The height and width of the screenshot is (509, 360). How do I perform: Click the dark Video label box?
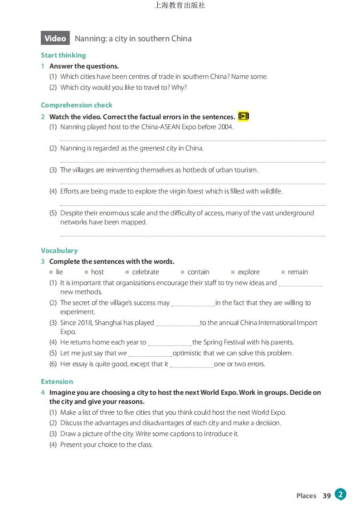pyautogui.click(x=55, y=39)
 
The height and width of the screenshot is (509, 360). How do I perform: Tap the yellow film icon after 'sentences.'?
pyautogui.click(x=243, y=116)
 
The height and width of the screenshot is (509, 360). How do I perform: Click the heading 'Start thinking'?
pyautogui.click(x=63, y=55)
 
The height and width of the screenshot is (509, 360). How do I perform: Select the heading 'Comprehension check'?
pyautogui.click(x=76, y=105)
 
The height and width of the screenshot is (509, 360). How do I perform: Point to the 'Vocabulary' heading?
pyautogui.click(x=59, y=251)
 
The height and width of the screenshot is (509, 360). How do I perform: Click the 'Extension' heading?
pyautogui.click(x=57, y=382)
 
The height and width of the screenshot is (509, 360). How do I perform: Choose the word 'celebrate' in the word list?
pyautogui.click(x=145, y=272)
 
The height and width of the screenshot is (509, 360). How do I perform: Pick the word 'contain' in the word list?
pyautogui.click(x=198, y=272)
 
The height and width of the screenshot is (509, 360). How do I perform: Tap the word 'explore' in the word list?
pyautogui.click(x=248, y=272)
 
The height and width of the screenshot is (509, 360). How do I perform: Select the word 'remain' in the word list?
pyautogui.click(x=297, y=272)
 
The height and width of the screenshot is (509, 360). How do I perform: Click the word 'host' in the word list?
pyautogui.click(x=97, y=272)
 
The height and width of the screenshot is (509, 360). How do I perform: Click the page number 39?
pyautogui.click(x=327, y=496)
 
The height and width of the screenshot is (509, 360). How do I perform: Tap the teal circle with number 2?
pyautogui.click(x=341, y=494)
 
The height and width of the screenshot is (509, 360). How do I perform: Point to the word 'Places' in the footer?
pyautogui.click(x=306, y=496)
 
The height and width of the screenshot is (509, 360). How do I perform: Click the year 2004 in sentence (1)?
pyautogui.click(x=225, y=127)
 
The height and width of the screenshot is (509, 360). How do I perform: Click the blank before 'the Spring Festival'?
pyautogui.click(x=170, y=343)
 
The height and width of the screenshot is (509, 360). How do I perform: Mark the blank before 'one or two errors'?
pyautogui.click(x=191, y=365)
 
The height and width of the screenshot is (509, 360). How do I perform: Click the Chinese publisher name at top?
pyautogui.click(x=180, y=5)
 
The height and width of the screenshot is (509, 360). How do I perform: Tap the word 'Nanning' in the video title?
pyautogui.click(x=89, y=39)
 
